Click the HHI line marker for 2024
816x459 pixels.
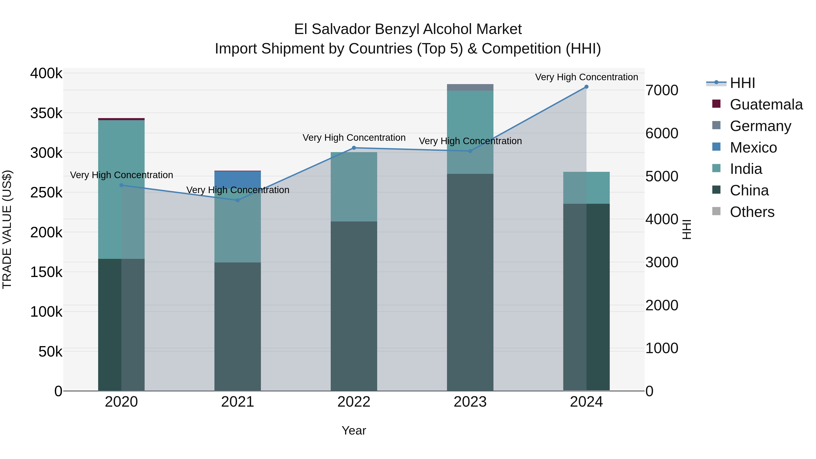[x=586, y=87]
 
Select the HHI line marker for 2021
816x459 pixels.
[x=238, y=200]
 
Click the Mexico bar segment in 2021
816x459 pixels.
[x=238, y=179]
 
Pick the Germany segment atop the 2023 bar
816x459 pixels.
[x=470, y=87]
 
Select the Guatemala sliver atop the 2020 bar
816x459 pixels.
[x=121, y=119]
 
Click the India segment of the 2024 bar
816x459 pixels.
[x=586, y=188]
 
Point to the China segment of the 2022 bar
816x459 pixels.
[x=354, y=306]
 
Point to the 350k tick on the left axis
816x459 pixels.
[x=46, y=113]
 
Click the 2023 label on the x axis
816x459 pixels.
[x=470, y=402]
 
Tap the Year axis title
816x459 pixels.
[x=354, y=430]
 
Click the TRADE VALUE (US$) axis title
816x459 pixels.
[x=7, y=229]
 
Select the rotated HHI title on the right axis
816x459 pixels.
[x=686, y=229]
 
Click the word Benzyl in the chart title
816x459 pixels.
[x=397, y=29]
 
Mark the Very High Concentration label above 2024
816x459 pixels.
[x=586, y=77]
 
